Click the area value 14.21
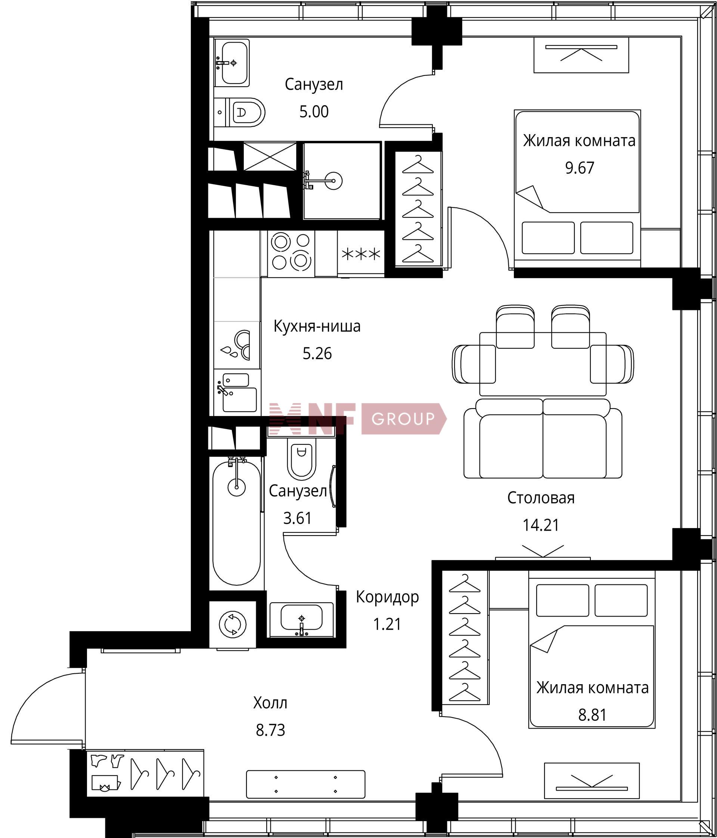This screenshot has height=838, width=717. coord(541,525)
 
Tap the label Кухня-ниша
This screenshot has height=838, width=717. coord(317,326)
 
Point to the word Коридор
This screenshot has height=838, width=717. coord(387,597)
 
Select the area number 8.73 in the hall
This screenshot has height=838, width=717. coord(270,730)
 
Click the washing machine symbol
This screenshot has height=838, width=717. coord(233,624)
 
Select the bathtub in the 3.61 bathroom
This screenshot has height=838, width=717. coord(237,522)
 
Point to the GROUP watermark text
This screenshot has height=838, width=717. coord(403,419)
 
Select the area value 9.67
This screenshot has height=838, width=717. coord(580,167)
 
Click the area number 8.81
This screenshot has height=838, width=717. coord(592,715)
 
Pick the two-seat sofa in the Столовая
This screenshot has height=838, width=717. coord(543,438)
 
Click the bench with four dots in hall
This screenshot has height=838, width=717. coord(305,784)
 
